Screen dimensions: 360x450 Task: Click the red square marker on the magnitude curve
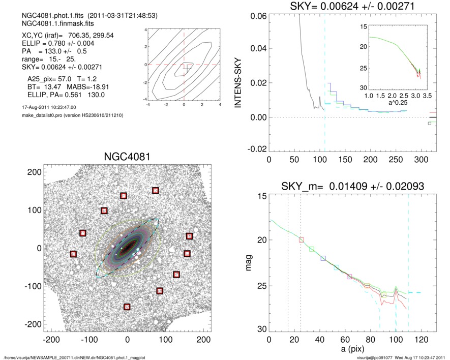point(301,239)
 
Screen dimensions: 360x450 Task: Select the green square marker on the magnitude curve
point(312,249)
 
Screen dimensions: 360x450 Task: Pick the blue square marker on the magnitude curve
point(323,258)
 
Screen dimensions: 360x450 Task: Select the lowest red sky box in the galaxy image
point(127,307)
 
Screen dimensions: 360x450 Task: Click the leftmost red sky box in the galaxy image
point(73,254)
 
